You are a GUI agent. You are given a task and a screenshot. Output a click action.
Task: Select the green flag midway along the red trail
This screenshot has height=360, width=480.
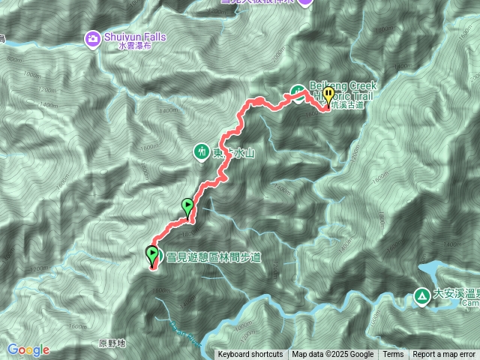[x=187, y=205]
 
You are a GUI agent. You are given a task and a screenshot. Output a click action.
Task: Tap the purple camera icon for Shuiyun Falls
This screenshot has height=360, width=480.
[x=92, y=37]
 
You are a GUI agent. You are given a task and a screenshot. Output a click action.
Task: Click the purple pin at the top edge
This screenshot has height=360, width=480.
[x=304, y=2]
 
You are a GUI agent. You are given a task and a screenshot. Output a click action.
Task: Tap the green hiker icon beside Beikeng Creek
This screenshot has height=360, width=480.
[x=298, y=92]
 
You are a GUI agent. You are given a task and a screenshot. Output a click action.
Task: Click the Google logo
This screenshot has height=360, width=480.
[x=28, y=349]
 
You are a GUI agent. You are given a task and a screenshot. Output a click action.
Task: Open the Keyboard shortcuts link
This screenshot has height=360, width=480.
[x=250, y=355]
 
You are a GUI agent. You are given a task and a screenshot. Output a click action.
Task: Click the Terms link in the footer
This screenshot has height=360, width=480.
[x=393, y=355]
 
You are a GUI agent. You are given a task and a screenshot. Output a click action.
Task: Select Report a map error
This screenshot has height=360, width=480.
[x=444, y=355]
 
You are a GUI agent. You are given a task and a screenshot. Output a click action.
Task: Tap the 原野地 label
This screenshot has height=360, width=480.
[x=112, y=343]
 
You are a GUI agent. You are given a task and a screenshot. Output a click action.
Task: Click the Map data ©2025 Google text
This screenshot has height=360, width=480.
[x=332, y=355]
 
